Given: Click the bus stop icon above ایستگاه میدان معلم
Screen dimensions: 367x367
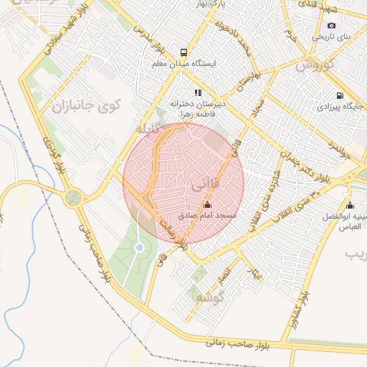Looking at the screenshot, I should click(x=183, y=52).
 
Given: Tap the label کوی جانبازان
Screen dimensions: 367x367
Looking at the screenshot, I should click(x=86, y=106).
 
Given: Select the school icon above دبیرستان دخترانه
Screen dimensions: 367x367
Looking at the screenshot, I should click(x=198, y=92).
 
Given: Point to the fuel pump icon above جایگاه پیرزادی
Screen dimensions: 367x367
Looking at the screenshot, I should click(x=339, y=95).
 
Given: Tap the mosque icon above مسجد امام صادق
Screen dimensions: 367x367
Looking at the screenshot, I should click(x=208, y=205).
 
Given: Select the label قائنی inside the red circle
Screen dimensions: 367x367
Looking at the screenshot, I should click(x=202, y=185).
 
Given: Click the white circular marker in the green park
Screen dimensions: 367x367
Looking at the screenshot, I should click(x=140, y=248).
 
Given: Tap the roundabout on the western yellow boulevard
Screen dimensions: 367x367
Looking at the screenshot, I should click(x=73, y=198).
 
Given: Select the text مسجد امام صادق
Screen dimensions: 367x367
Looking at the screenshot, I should click(x=211, y=215).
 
